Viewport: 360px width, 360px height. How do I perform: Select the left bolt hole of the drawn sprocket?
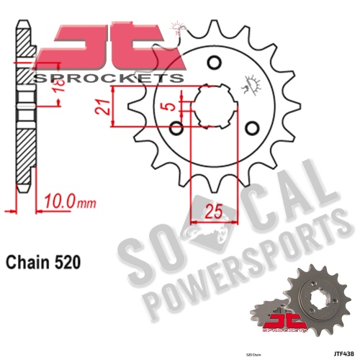click(x=179, y=128)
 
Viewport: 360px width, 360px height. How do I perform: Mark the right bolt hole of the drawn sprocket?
click(x=251, y=128)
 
